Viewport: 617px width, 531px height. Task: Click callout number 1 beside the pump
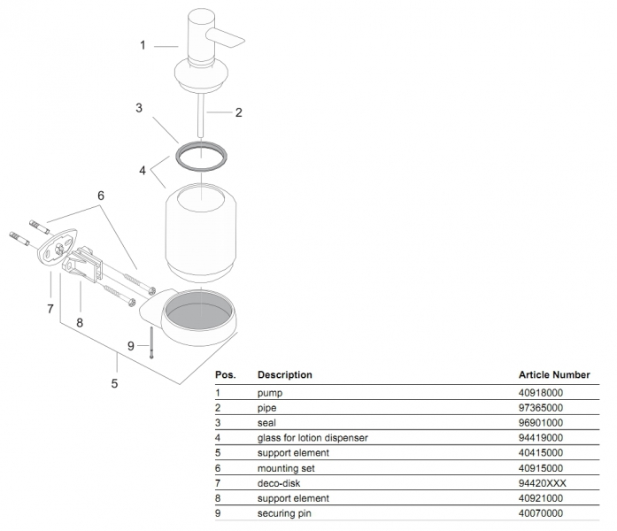(x=142, y=45)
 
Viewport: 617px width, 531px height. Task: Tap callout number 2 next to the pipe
(x=238, y=112)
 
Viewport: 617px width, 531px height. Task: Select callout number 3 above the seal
(x=139, y=108)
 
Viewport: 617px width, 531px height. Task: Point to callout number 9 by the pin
(x=131, y=345)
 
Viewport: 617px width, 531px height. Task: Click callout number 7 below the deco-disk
(x=50, y=308)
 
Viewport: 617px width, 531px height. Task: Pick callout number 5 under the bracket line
(x=114, y=383)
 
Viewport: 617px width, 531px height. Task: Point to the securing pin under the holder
(x=153, y=340)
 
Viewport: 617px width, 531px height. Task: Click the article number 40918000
(x=541, y=391)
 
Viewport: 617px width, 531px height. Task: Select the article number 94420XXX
(x=542, y=482)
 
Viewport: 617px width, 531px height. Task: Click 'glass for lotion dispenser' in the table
(x=312, y=437)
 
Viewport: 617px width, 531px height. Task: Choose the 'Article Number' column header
(x=553, y=375)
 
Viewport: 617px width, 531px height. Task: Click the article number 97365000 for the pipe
(x=541, y=406)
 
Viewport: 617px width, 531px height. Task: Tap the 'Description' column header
(x=284, y=375)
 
